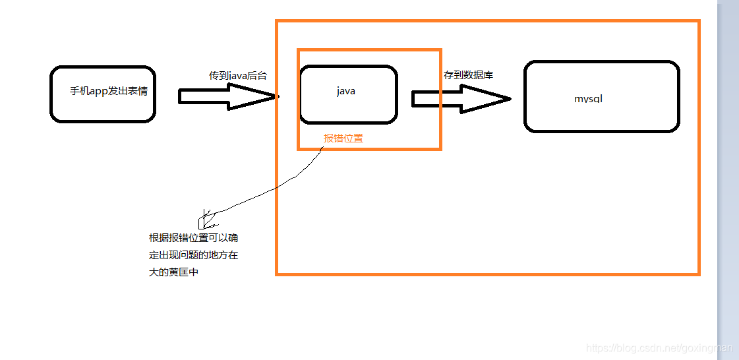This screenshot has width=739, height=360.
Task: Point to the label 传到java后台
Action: [x=238, y=76]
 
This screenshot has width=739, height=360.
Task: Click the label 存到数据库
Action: [x=468, y=75]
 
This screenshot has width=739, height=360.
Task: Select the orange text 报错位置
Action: [x=343, y=138]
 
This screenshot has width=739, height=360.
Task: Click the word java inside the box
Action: [x=346, y=91]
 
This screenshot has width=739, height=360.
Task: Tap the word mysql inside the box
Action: [x=588, y=99]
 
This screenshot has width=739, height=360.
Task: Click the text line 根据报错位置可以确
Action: [x=193, y=238]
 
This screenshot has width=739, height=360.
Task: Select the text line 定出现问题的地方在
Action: [x=193, y=255]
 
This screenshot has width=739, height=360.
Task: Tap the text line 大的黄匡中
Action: [x=173, y=272]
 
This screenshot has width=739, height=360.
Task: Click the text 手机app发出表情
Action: [x=109, y=91]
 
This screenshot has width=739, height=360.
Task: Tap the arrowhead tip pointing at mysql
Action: [x=509, y=99]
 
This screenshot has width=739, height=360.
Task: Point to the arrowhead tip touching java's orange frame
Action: [x=276, y=97]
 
